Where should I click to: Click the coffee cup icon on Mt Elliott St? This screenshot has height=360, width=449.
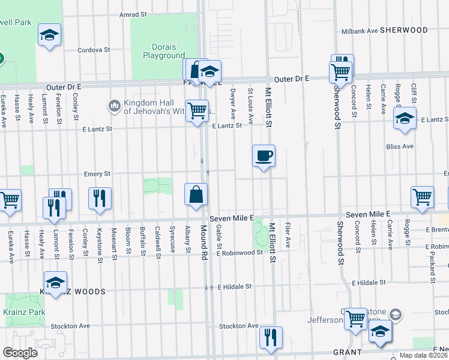click(264, 157)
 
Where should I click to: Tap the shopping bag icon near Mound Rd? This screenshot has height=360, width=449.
click(196, 195)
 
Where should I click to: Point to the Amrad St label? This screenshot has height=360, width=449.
click(133, 14)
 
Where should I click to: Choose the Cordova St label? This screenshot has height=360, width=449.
click(94, 50)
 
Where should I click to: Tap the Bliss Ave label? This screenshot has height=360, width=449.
click(400, 146)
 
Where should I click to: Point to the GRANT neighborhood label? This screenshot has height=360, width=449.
click(348, 352)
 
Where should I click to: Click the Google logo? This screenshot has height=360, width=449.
click(20, 352)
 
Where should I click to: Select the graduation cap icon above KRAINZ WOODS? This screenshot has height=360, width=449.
click(55, 283)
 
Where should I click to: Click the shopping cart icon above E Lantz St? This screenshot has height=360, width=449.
click(196, 111)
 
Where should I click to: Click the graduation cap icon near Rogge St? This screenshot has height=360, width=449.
click(405, 118)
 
